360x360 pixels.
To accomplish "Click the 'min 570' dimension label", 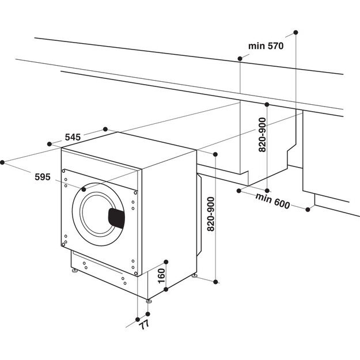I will (267, 46).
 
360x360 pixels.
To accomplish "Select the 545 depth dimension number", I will (73, 137).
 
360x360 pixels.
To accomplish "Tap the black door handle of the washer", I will (117, 218).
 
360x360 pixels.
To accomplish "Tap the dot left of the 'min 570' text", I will (239, 58).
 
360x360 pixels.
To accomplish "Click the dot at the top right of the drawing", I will (295, 31).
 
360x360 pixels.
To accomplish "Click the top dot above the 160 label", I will (165, 260).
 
